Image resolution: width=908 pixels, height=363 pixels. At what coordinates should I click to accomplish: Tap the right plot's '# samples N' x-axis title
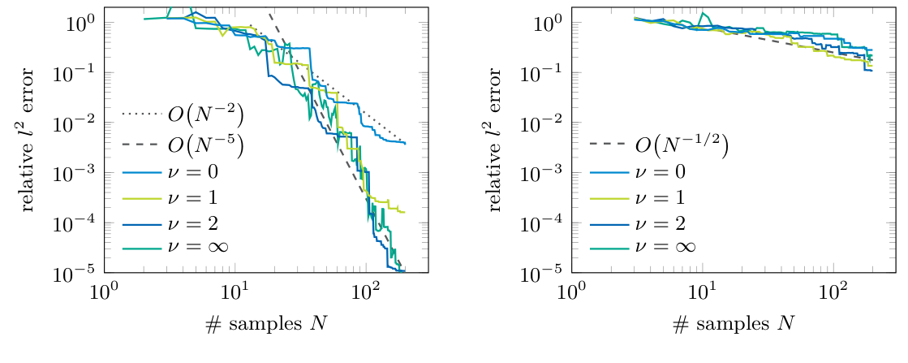[x=734, y=323]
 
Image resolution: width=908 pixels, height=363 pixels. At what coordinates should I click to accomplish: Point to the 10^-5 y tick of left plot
[x=81, y=273]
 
